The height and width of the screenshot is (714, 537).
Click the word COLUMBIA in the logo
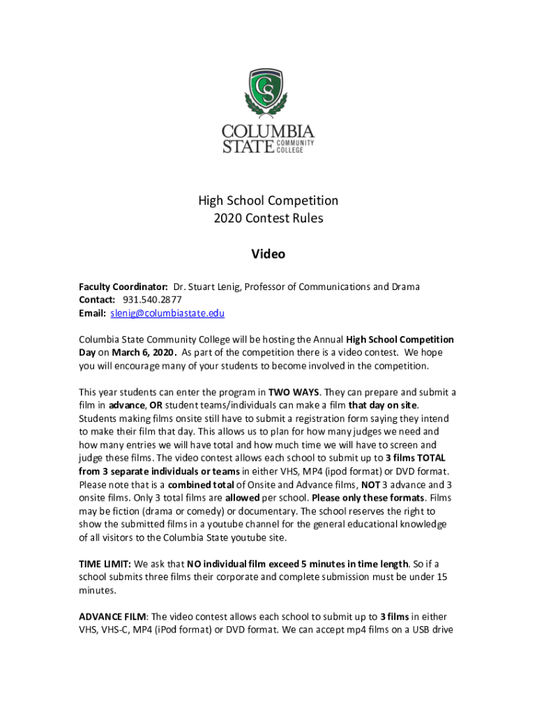pos(268,131)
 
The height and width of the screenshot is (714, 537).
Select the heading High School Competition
pos(268,201)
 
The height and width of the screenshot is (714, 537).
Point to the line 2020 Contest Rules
pos(268,218)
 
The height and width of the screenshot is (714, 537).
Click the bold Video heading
pos(268,255)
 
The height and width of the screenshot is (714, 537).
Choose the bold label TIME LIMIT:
pos(105,563)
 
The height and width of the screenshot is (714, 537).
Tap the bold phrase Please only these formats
pos(368,498)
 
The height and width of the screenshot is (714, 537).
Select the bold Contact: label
pos(97,300)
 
